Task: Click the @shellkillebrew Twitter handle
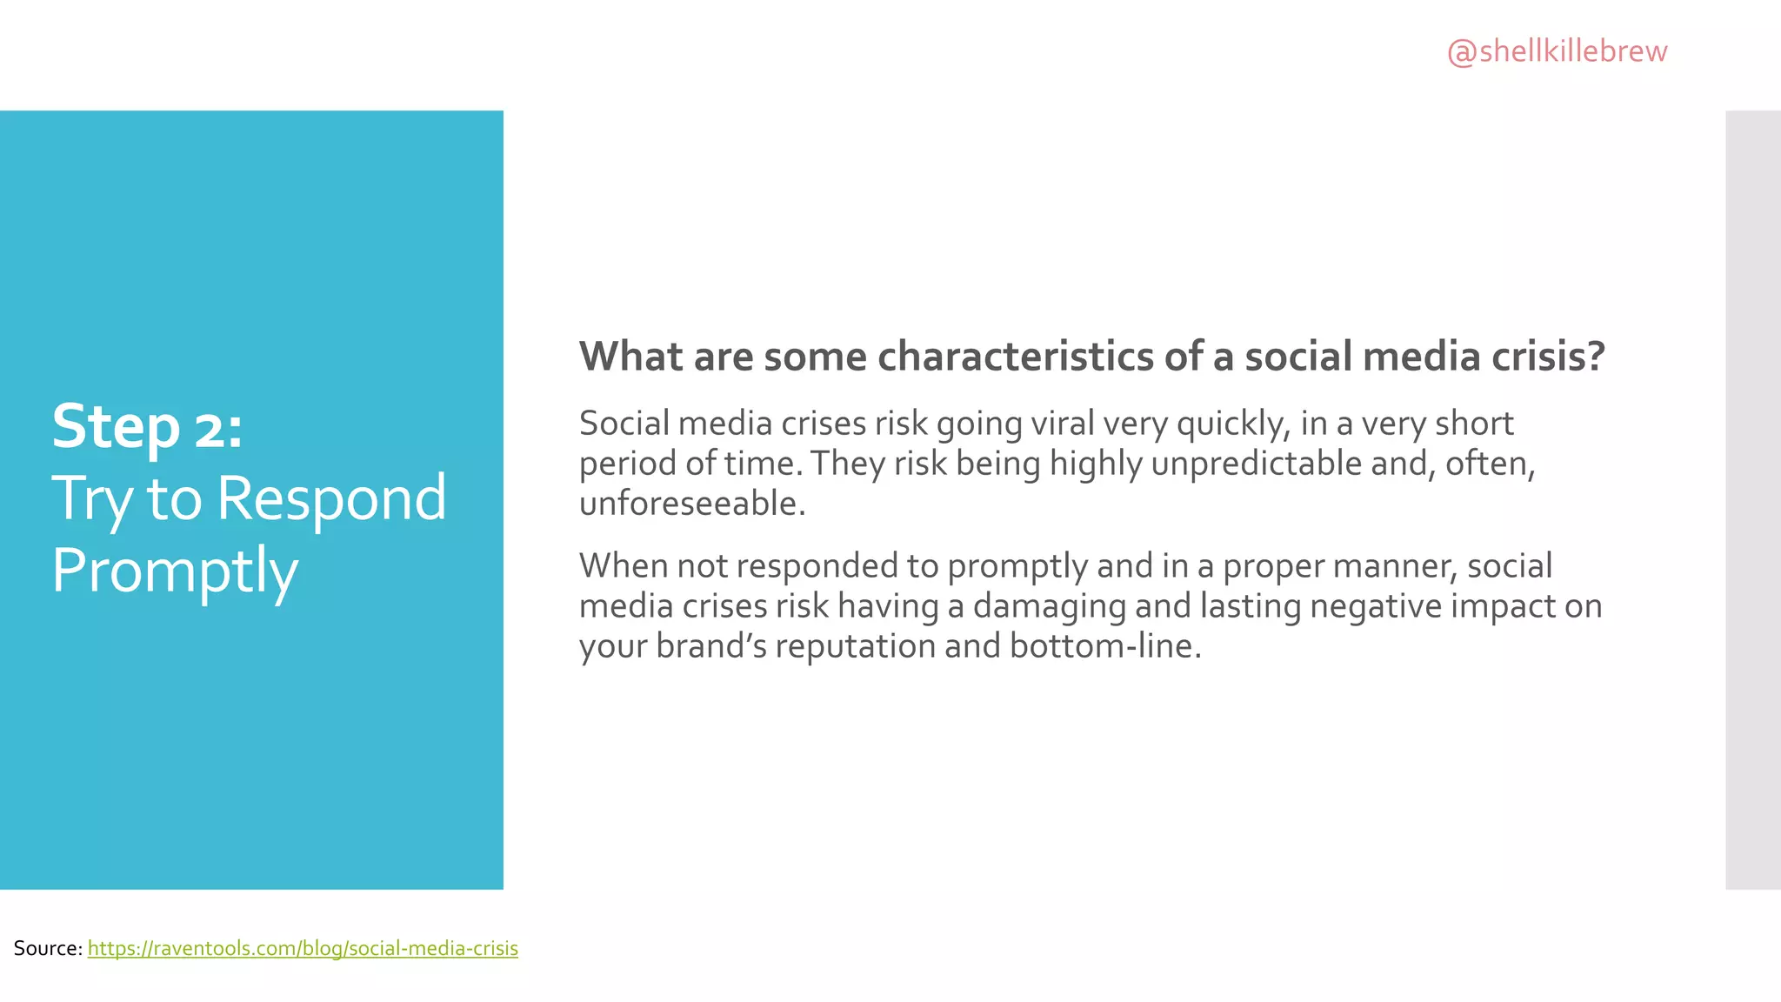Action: point(1557,51)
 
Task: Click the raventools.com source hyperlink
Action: point(303,948)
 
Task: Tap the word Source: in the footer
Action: point(48,948)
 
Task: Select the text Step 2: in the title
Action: point(147,427)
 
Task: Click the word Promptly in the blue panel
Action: point(175,571)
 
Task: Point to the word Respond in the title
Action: point(330,498)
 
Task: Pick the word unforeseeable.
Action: point(692,504)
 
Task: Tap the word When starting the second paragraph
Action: point(624,566)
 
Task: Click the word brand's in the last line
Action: point(710,646)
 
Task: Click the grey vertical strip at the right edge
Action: point(1752,500)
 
